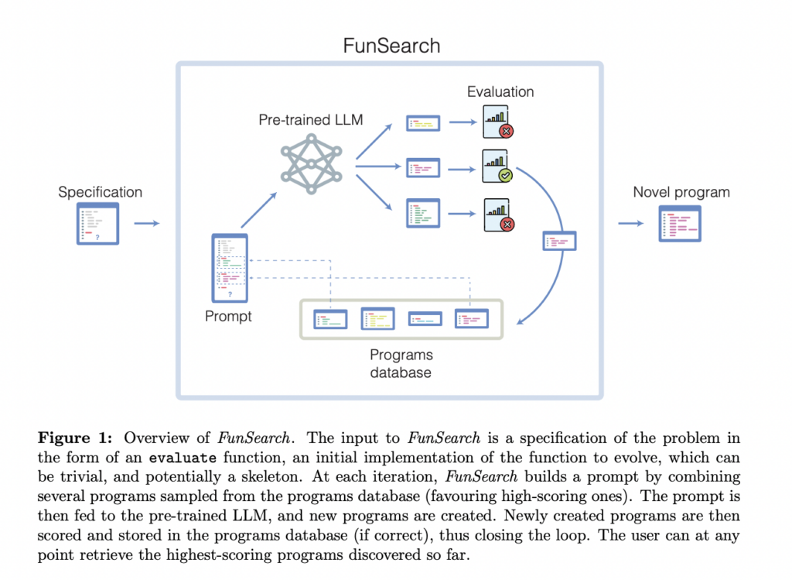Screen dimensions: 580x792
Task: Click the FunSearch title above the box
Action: (391, 46)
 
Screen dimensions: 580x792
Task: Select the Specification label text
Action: (101, 192)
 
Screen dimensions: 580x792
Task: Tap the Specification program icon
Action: (97, 224)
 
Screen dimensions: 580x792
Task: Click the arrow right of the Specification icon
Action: (146, 224)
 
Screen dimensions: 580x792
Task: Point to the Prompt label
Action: (228, 316)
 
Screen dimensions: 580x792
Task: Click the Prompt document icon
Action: (229, 268)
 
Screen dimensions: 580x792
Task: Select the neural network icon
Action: (310, 163)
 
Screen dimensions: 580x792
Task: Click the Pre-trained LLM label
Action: (311, 121)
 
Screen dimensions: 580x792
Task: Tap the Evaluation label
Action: (500, 92)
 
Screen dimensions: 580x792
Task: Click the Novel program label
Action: (681, 192)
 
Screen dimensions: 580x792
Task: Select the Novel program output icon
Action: (680, 224)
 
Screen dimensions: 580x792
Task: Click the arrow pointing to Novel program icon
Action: (630, 224)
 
